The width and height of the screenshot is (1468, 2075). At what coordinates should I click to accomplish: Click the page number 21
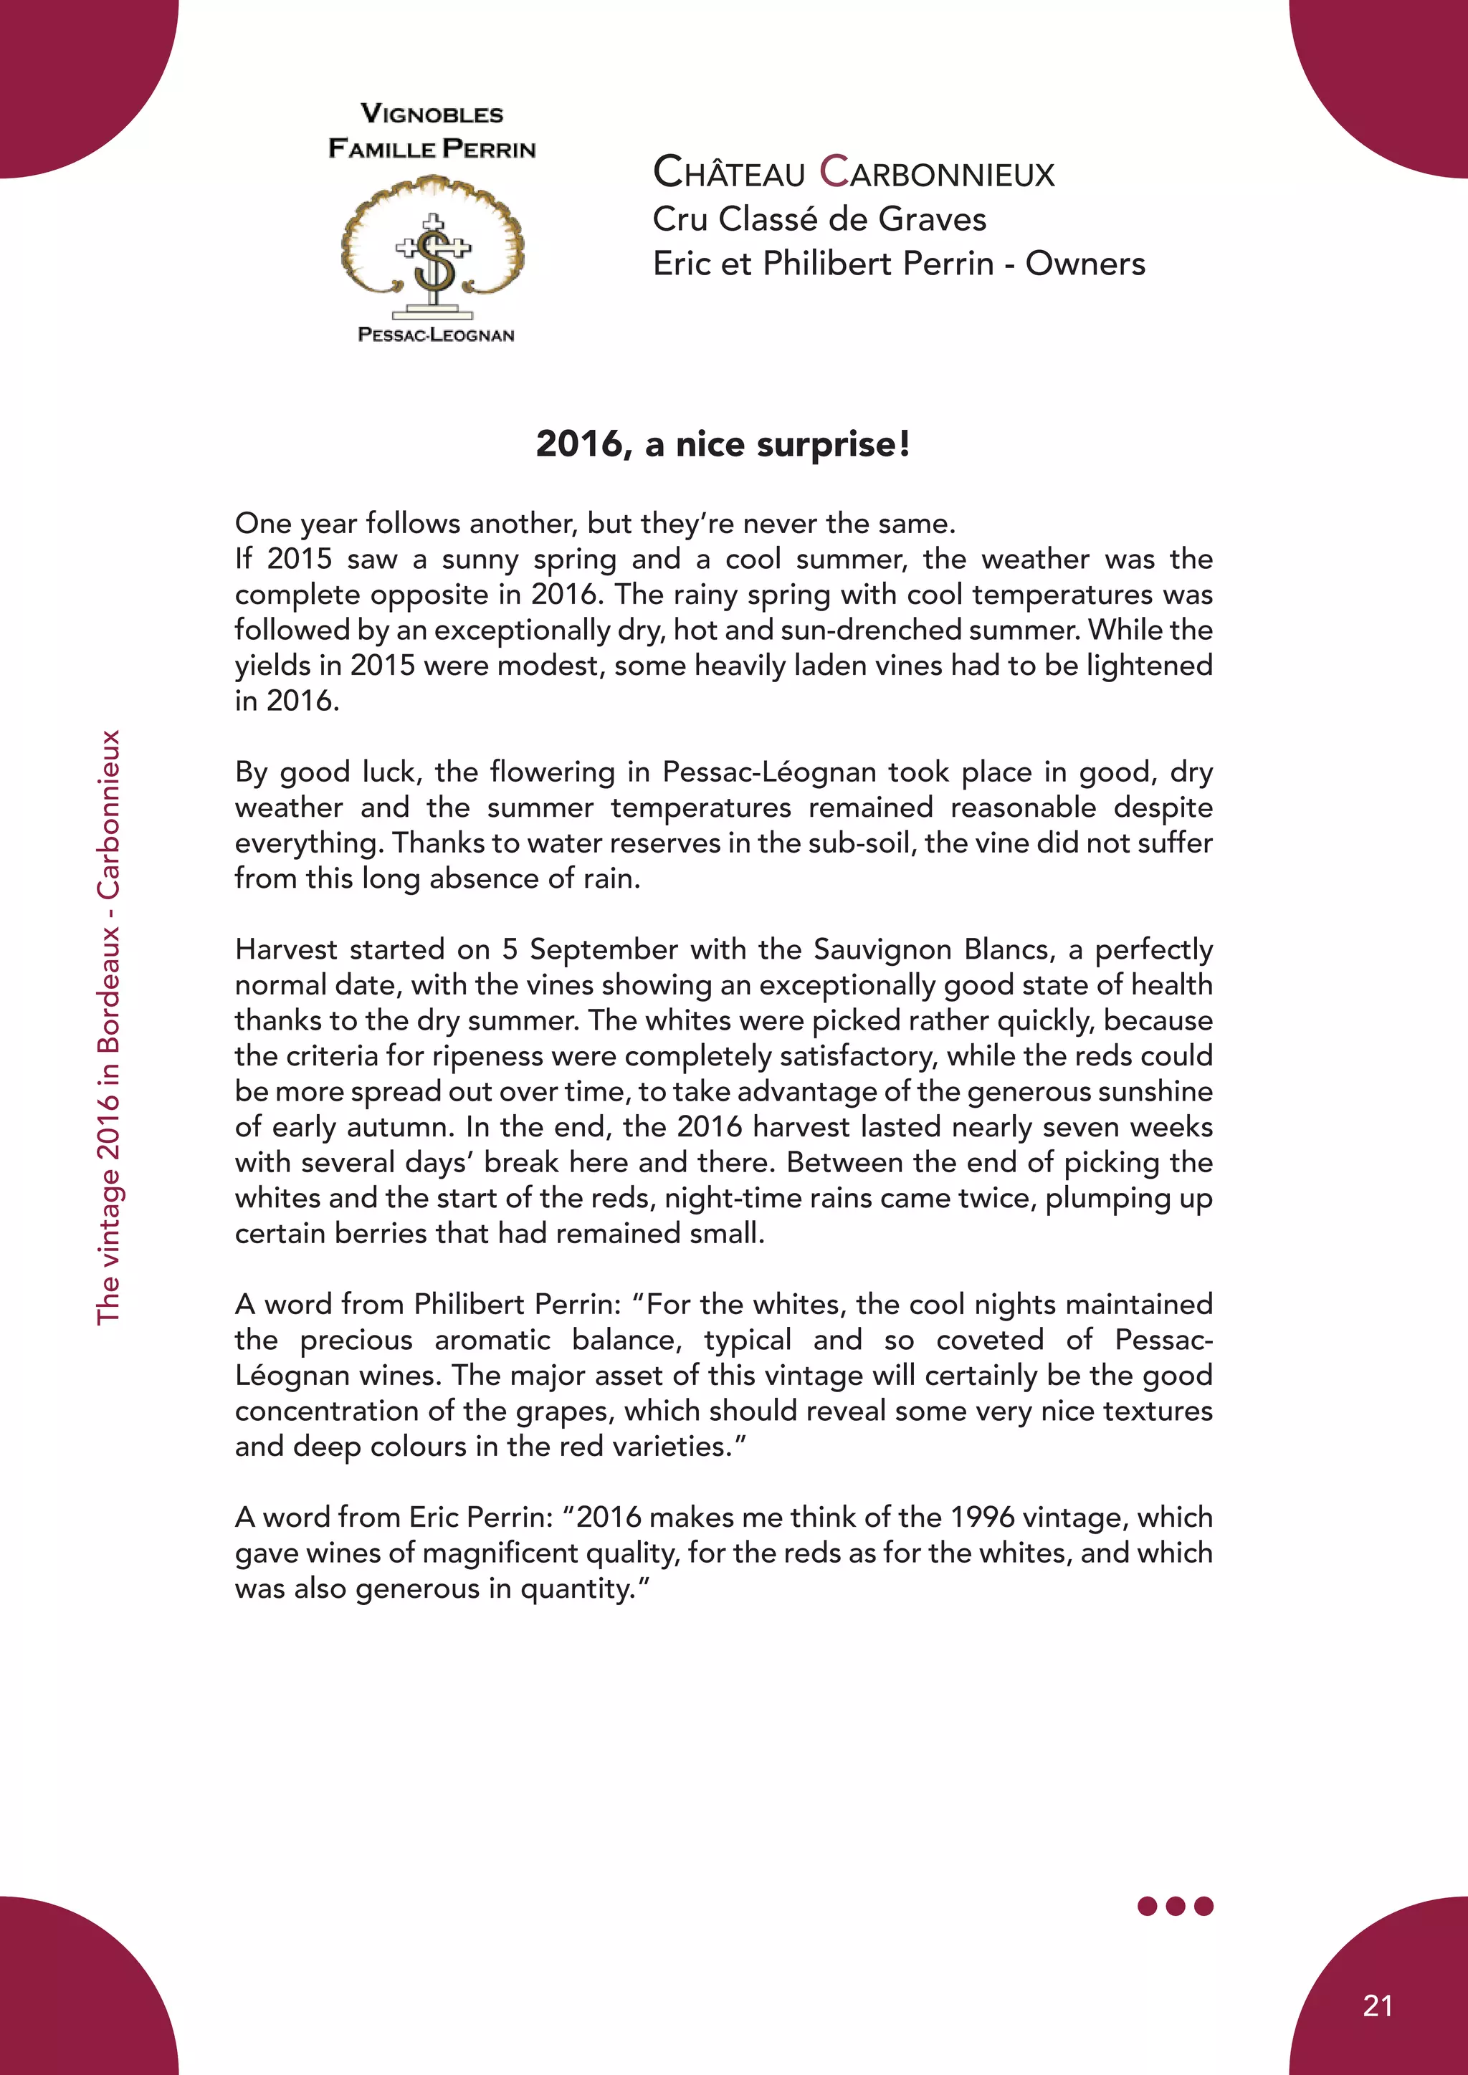click(x=1377, y=2005)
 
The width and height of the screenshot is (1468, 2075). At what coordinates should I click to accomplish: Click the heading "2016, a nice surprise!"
click(x=723, y=444)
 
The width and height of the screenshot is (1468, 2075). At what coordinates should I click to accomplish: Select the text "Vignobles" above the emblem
click(x=432, y=114)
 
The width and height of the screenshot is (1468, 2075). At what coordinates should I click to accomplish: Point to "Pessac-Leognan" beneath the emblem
click(x=436, y=335)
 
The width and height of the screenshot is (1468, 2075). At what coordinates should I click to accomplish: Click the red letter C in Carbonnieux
click(x=834, y=172)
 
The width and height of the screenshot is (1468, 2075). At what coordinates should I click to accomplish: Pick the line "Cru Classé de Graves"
click(x=819, y=219)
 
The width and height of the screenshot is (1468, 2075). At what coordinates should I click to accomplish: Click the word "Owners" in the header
click(x=1085, y=263)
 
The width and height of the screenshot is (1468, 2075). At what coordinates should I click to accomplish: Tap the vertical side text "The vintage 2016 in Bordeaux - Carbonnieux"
click(x=108, y=1027)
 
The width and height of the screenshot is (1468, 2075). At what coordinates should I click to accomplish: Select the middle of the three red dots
click(x=1175, y=1906)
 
